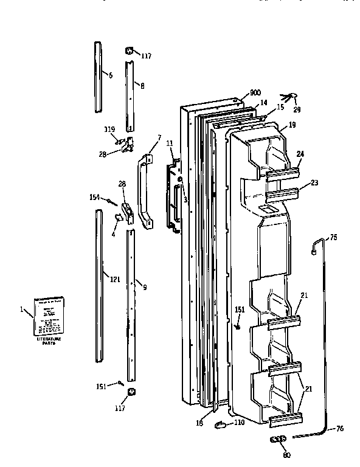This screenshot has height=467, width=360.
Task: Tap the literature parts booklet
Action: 50,315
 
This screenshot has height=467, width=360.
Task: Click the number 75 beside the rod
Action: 333,238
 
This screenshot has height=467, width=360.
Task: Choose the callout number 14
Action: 264,103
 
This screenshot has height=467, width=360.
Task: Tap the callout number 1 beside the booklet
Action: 22,310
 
